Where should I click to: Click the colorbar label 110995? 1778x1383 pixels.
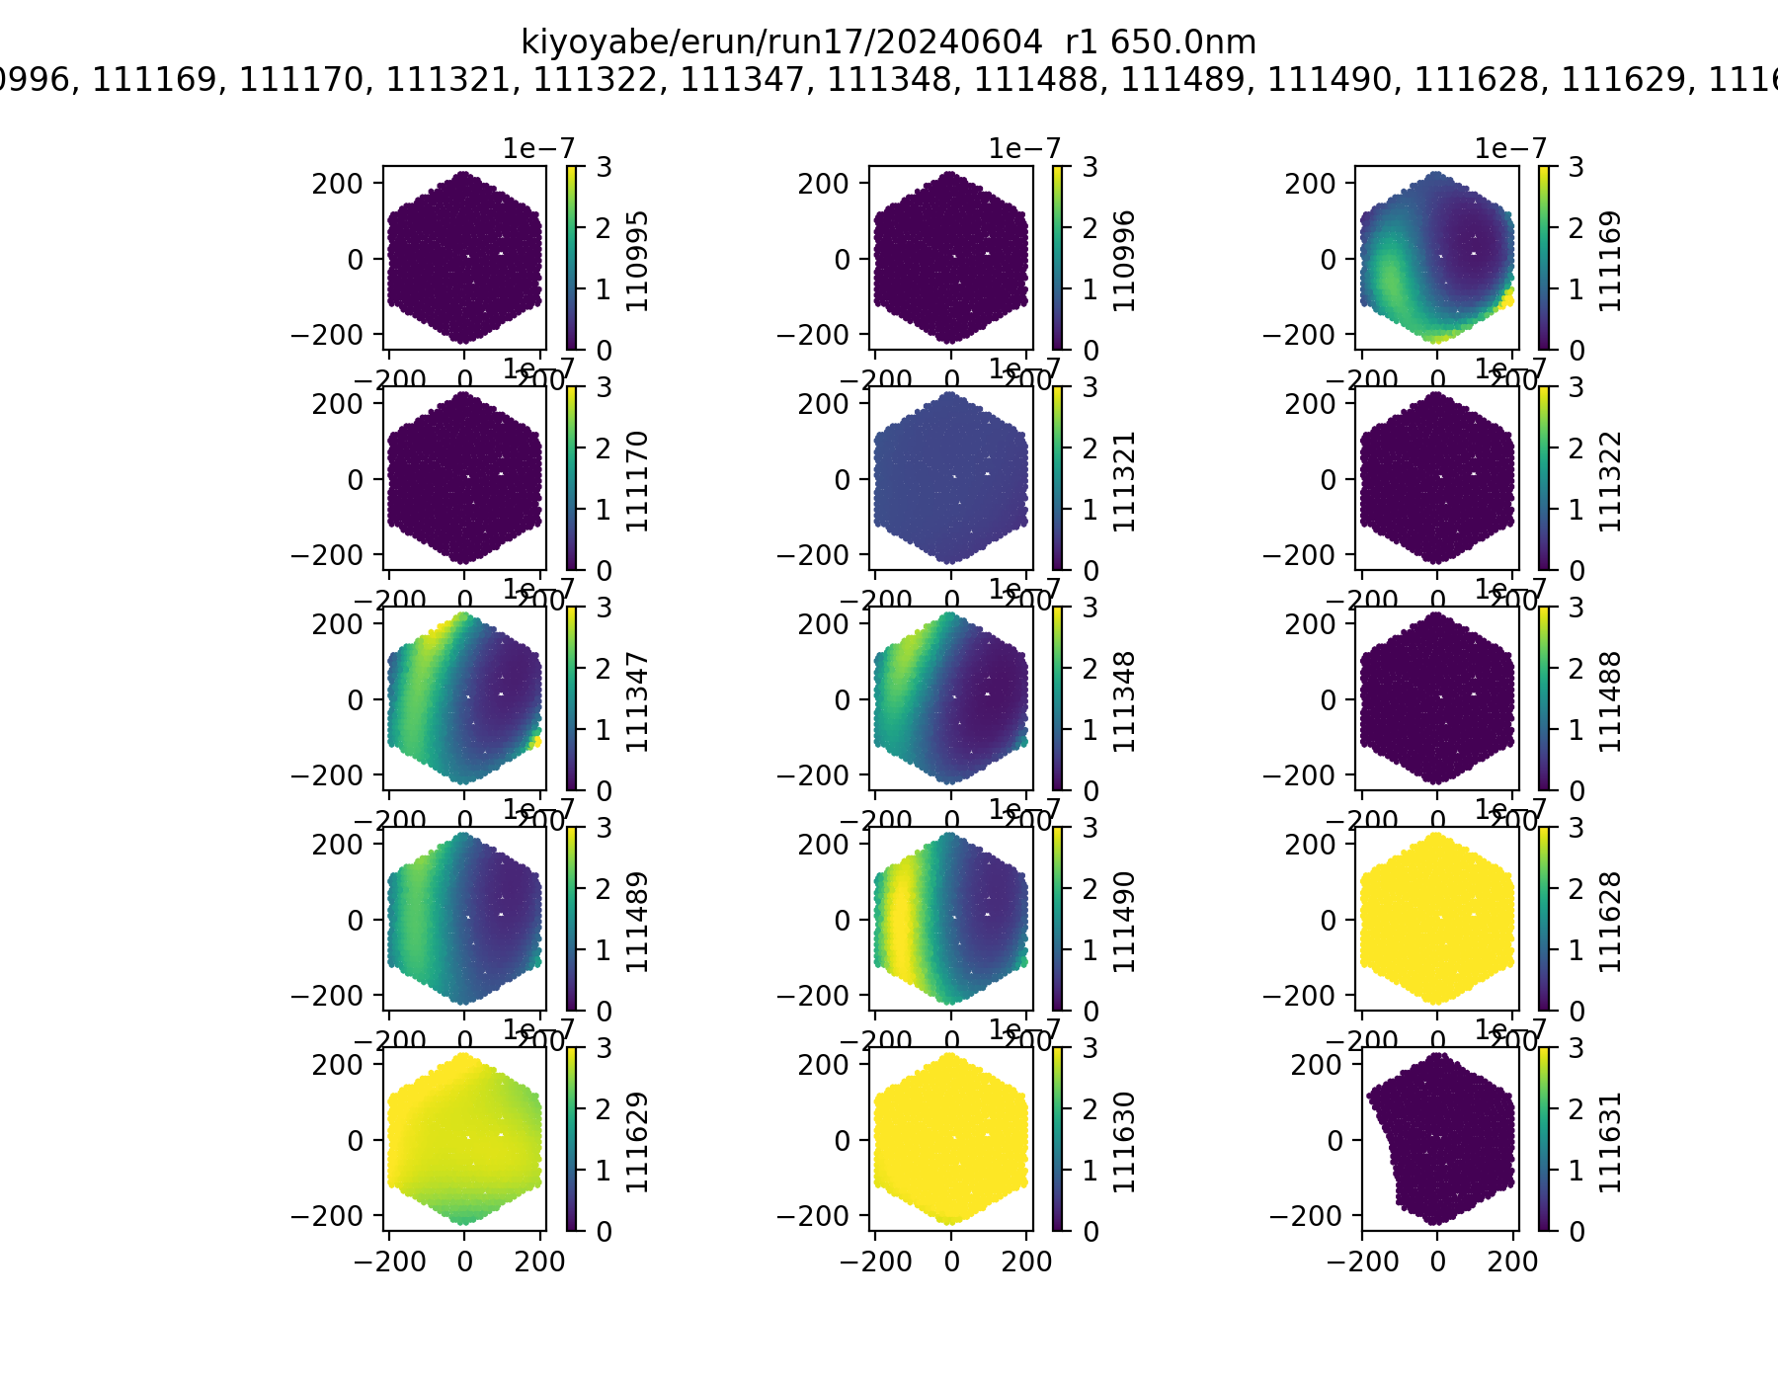pyautogui.click(x=638, y=260)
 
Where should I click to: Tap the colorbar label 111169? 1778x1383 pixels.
pyautogui.click(x=1610, y=260)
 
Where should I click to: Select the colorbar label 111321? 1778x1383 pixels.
pyautogui.click(x=1124, y=480)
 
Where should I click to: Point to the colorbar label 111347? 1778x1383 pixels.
pyautogui.click(x=638, y=700)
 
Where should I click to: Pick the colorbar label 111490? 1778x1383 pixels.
pyautogui.click(x=1124, y=921)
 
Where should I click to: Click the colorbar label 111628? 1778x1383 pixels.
pyautogui.click(x=1610, y=921)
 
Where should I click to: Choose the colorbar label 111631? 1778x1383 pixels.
pyautogui.click(x=1610, y=1141)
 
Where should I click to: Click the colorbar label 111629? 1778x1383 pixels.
pyautogui.click(x=638, y=1141)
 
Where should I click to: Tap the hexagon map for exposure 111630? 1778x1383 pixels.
pyautogui.click(x=950, y=1139)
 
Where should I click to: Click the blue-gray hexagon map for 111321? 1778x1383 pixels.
pyautogui.click(x=950, y=478)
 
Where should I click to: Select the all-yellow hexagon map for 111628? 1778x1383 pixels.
pyautogui.click(x=1436, y=919)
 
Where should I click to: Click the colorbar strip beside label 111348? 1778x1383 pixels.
pyautogui.click(x=1058, y=698)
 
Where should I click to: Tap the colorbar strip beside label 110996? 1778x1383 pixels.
pyautogui.click(x=1058, y=258)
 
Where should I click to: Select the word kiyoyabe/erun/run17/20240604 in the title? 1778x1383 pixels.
pyautogui.click(x=780, y=42)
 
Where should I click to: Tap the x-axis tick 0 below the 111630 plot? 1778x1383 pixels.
pyautogui.click(x=951, y=1261)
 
